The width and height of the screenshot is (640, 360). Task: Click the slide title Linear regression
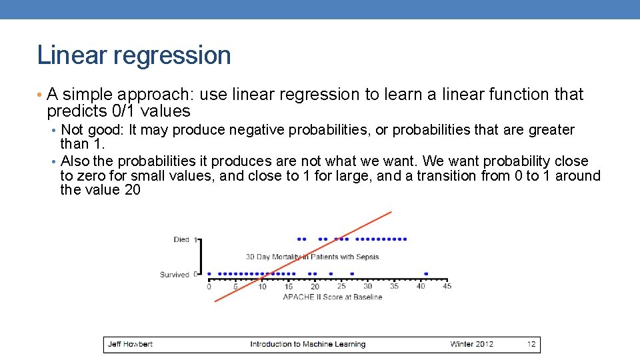(134, 55)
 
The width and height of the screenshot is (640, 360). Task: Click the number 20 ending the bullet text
(132, 191)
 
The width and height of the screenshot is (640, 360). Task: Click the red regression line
(303, 257)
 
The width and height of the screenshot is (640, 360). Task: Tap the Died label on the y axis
(181, 239)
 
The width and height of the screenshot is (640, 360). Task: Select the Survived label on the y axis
(175, 275)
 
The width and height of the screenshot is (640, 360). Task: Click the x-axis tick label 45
(447, 287)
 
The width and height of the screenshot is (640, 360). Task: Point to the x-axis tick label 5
(235, 287)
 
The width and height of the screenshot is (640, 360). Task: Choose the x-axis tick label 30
(367, 287)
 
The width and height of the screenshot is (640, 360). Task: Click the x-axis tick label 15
(288, 287)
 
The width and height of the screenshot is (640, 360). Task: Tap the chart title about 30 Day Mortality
(312, 257)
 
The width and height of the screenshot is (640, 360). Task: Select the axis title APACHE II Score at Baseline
(333, 297)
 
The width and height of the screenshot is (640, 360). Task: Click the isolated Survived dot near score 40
(426, 273)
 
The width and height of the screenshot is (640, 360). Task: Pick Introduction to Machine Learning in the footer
(307, 345)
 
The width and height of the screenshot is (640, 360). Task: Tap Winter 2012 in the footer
(472, 345)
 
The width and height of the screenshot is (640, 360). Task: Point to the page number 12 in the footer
(531, 345)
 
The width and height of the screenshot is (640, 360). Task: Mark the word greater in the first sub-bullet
(551, 130)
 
